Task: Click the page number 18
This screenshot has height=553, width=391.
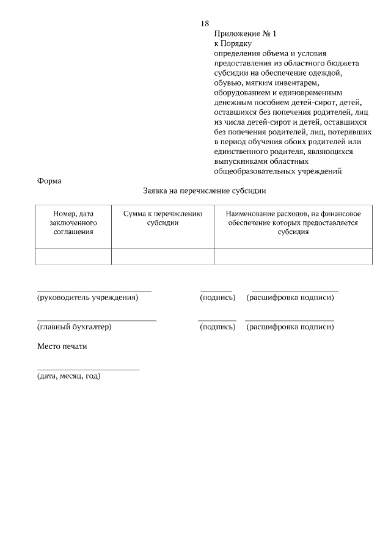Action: pos(205,23)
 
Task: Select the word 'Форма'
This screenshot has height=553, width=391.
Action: pos(49,181)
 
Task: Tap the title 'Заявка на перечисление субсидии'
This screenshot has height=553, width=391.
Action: pos(205,191)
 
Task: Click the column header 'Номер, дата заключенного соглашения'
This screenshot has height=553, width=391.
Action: pos(73,222)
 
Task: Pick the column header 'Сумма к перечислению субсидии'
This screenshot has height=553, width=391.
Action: pos(163,218)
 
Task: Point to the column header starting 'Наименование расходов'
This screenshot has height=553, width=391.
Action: pos(293,222)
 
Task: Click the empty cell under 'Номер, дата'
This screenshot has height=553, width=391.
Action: pos(73,257)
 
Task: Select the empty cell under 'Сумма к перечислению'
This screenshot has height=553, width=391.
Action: pos(163,257)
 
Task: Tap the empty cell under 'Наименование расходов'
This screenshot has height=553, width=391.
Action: pos(293,257)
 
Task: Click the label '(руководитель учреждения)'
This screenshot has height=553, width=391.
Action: pos(88,298)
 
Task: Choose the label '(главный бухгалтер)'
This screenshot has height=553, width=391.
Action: pos(75,327)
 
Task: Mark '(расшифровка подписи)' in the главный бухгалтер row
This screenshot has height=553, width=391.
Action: pos(290,327)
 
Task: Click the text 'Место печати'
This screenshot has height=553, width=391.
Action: pos(62,346)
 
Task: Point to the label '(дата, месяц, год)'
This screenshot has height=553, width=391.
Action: pos(69,376)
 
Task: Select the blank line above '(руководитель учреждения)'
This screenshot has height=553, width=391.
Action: pos(94,291)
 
